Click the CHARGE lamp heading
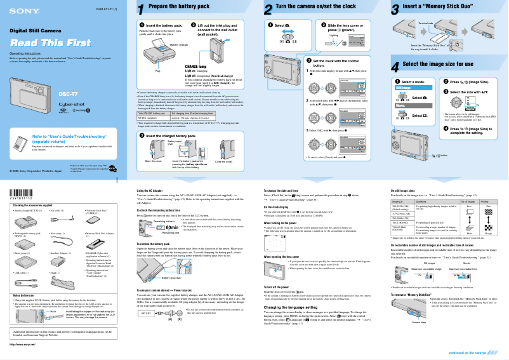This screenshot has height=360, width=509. click(195, 66)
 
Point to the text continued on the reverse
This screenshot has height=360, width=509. click(474, 352)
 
